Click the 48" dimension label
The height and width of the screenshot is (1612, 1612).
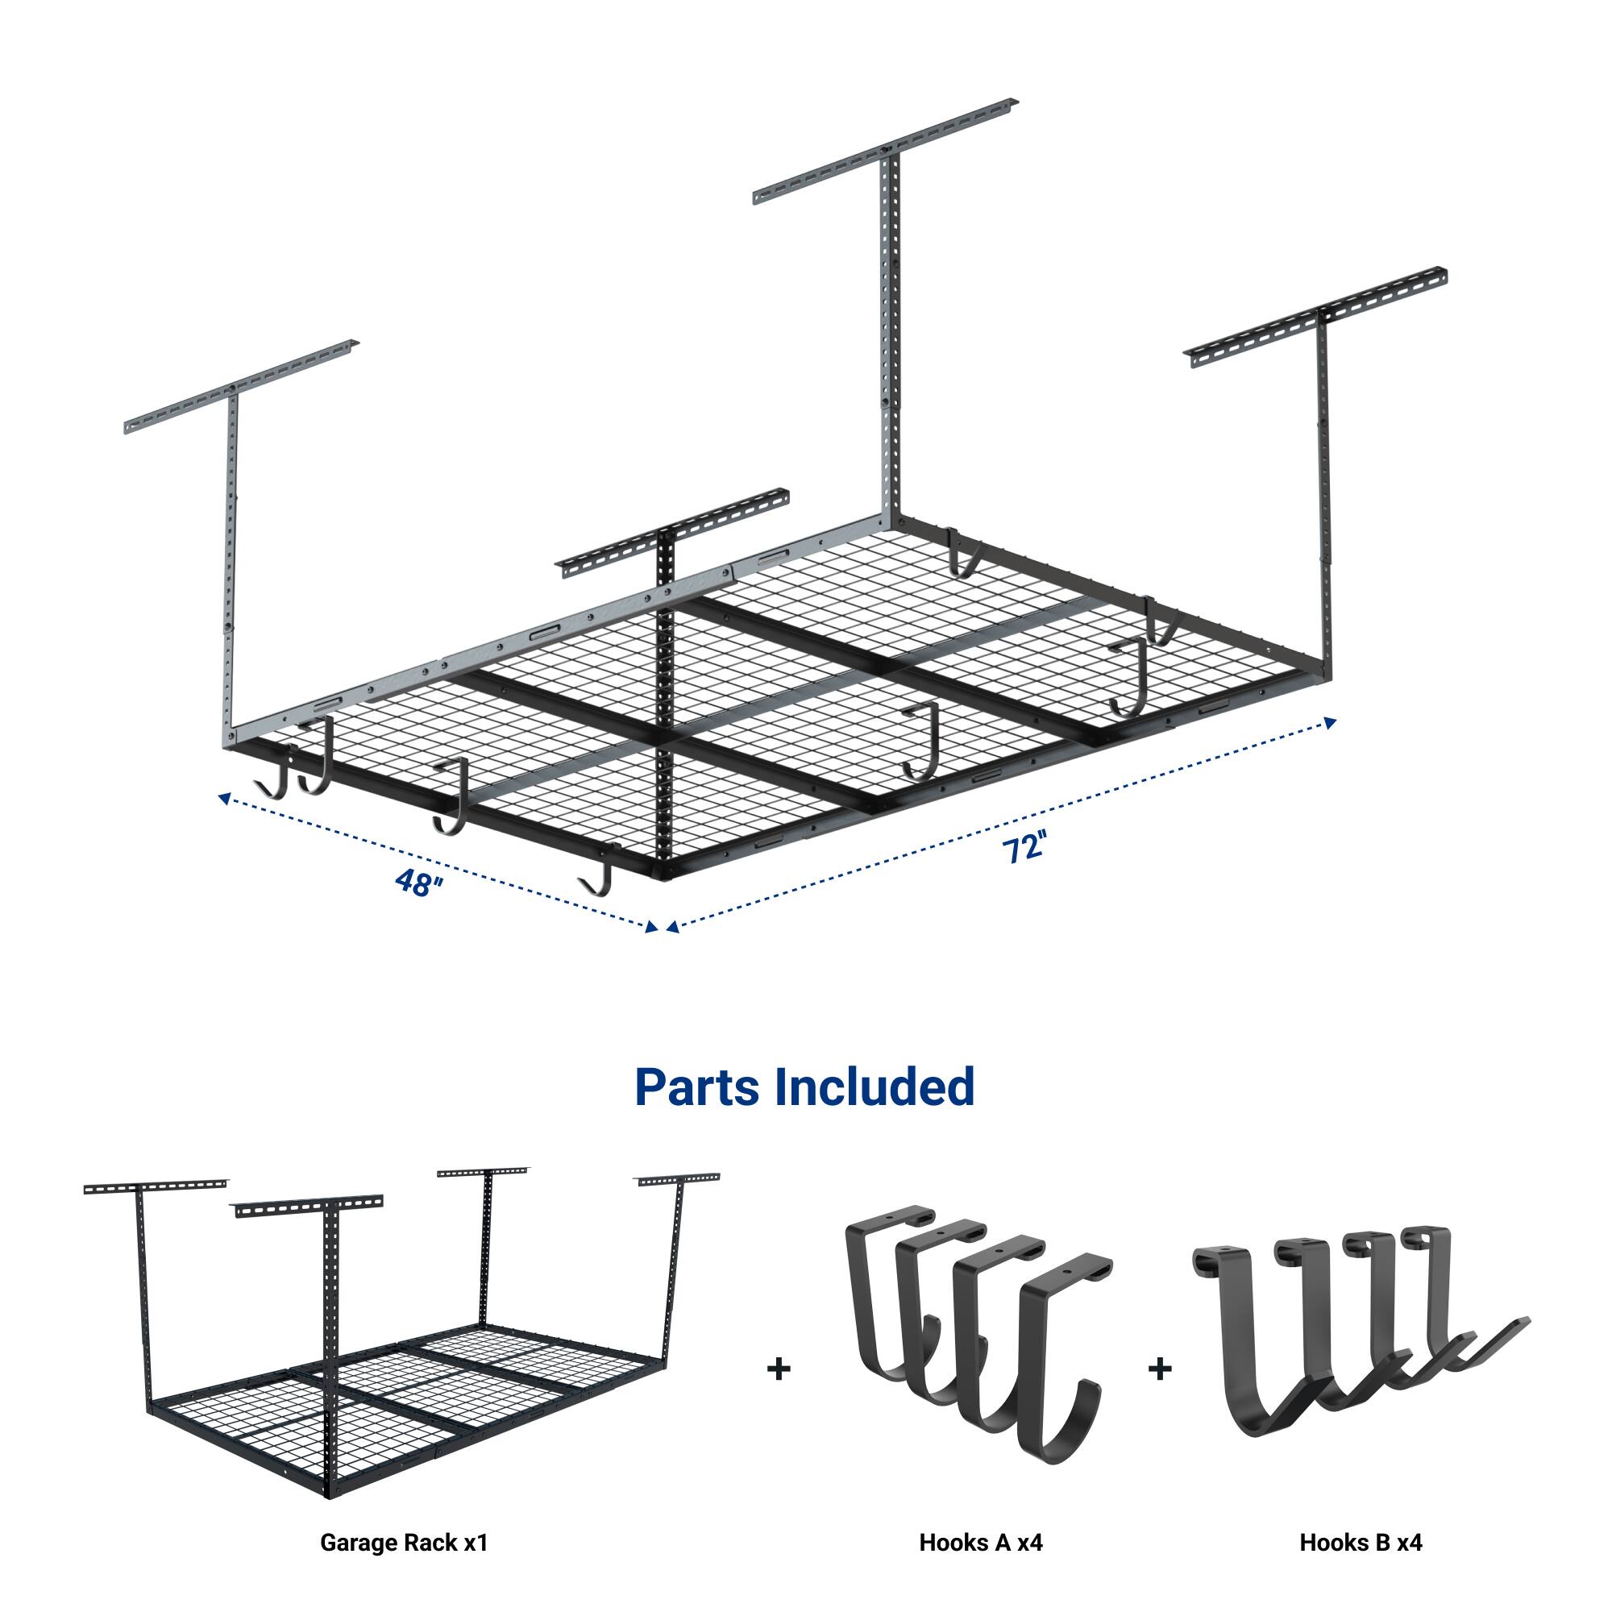click(x=418, y=882)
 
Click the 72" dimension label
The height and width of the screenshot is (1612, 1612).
click(x=1024, y=849)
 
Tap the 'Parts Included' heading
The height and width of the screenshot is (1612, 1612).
click(x=804, y=1086)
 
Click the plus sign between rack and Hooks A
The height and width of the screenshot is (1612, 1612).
click(x=779, y=1369)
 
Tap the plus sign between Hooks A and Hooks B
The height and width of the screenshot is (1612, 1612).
click(x=1160, y=1369)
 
